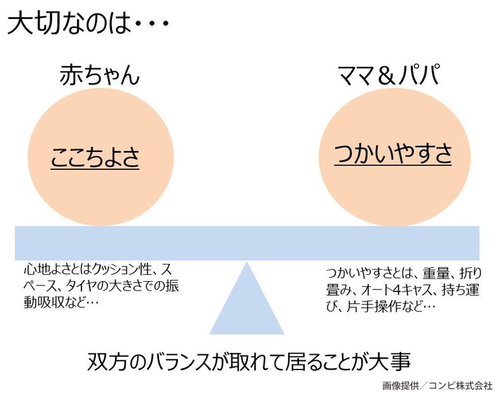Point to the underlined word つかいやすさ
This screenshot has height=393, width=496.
point(392,154)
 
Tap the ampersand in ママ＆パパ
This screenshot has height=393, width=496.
point(387,76)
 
